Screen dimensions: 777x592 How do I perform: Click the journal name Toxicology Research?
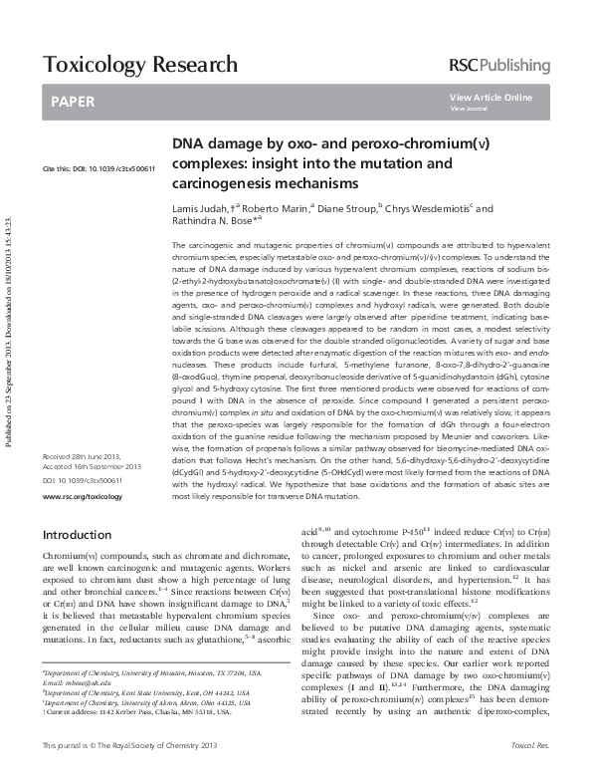(139, 66)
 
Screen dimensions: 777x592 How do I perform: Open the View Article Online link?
(491, 97)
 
